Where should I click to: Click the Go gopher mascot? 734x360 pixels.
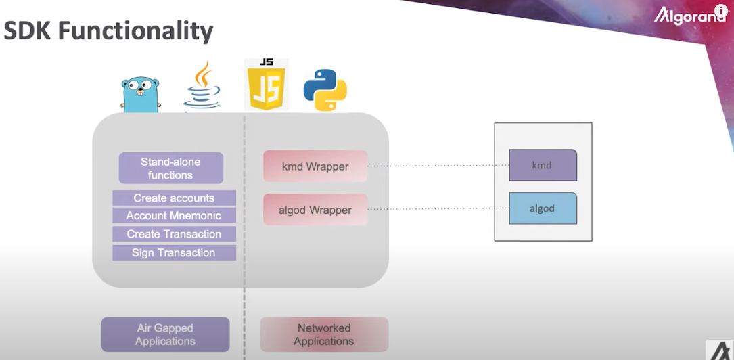click(x=141, y=95)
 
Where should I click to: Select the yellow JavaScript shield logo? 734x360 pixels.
click(x=267, y=85)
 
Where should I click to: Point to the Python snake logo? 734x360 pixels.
click(x=325, y=90)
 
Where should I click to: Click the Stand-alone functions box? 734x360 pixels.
click(x=171, y=168)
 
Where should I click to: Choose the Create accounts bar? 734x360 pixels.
click(x=174, y=198)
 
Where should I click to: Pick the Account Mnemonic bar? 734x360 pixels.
click(x=174, y=216)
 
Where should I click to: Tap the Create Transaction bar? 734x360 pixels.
click(x=174, y=234)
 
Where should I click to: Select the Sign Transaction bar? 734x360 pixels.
click(x=174, y=253)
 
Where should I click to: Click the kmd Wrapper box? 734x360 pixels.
click(x=315, y=166)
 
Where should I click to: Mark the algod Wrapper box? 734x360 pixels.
click(x=315, y=210)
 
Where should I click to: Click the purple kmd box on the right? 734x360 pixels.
click(x=543, y=165)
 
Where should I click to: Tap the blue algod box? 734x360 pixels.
click(x=543, y=208)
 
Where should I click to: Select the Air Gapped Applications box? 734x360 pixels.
click(x=165, y=335)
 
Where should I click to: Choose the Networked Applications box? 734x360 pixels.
click(x=325, y=335)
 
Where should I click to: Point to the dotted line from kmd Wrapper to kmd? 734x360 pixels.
click(x=438, y=166)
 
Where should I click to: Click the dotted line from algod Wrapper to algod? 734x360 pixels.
click(x=438, y=209)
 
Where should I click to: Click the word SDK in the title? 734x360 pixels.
click(x=28, y=31)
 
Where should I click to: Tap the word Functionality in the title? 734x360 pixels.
click(x=136, y=32)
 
